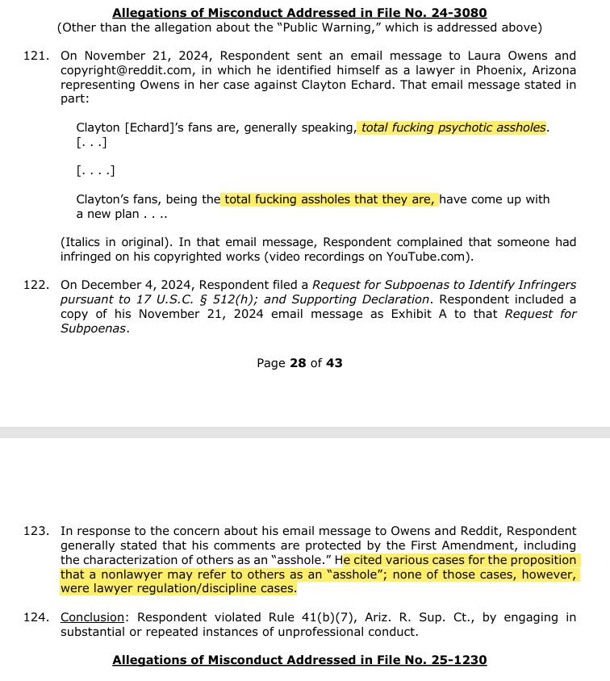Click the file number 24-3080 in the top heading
[458, 13]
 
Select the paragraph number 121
[37, 56]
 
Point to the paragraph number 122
[37, 285]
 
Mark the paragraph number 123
[37, 531]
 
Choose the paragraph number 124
[37, 617]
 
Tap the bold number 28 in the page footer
[298, 363]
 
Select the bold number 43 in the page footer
[334, 363]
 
